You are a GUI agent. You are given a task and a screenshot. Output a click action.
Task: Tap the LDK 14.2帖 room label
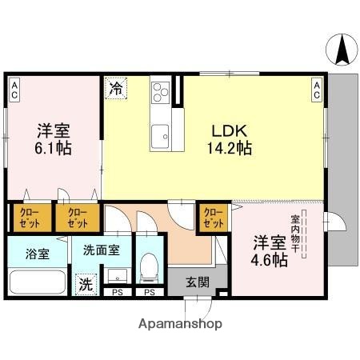tap(232, 139)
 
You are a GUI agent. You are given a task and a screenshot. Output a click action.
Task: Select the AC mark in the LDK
tap(317, 90)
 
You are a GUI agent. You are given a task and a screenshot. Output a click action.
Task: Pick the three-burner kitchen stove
tap(160, 92)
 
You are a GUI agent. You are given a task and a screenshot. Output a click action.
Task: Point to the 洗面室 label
tap(102, 250)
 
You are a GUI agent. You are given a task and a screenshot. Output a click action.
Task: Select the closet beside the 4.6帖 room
tap(214, 217)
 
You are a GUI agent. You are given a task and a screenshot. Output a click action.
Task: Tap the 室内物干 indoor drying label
tap(295, 230)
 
